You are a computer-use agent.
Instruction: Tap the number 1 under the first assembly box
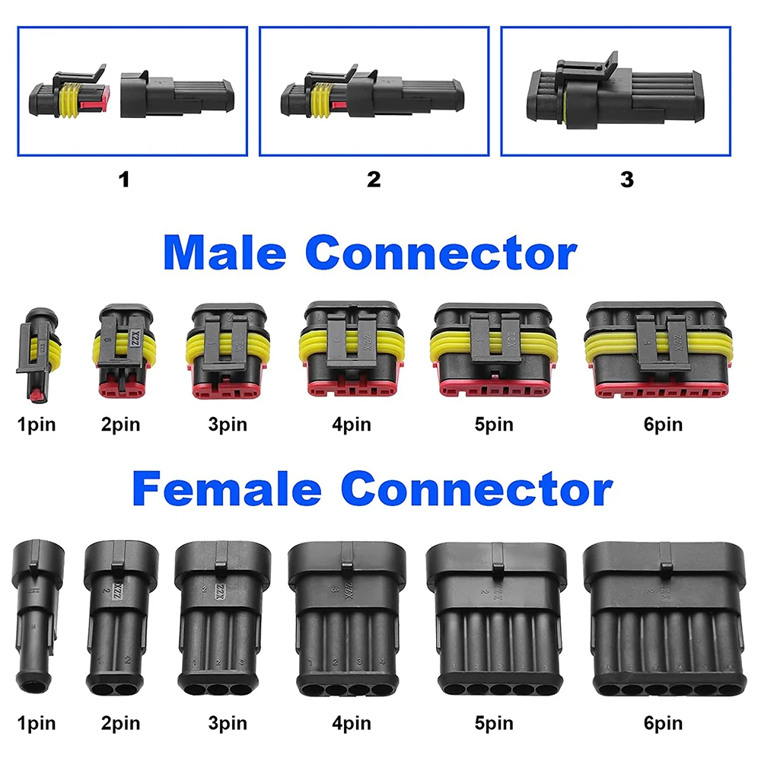point(124,180)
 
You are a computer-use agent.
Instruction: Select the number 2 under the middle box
point(374,180)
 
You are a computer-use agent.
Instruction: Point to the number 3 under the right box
point(626,180)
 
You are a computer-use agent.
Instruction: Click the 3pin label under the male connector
point(227,424)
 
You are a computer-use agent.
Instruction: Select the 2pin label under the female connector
point(120,722)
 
